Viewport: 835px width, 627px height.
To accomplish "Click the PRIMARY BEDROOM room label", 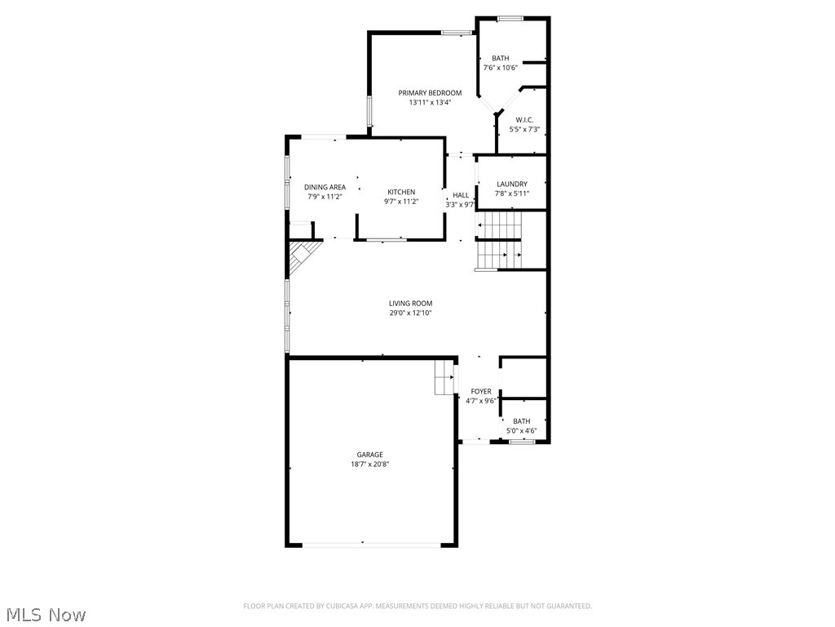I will point(430,93).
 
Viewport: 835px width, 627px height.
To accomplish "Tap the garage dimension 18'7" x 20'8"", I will point(369,465).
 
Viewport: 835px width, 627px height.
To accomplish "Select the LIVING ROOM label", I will point(410,304).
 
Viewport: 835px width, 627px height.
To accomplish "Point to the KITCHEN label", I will point(401,192).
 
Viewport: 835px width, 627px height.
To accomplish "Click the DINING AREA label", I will point(325,187).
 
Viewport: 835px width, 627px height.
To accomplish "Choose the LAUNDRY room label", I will point(512,185).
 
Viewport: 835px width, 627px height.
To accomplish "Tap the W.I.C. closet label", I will point(524,120).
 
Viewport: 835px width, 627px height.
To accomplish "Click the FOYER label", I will point(481,392).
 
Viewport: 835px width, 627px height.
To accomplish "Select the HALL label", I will point(461,195).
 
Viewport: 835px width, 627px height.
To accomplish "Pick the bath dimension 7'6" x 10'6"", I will point(500,68).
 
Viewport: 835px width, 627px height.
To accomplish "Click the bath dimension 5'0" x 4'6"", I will point(521,430).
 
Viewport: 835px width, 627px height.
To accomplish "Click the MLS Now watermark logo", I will point(46,614).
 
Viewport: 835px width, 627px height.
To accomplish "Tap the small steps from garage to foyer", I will point(444,377).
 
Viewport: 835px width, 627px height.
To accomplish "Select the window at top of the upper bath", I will point(511,18).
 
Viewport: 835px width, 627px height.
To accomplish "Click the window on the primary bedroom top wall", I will point(457,33).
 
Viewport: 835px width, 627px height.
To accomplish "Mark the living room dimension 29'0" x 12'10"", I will point(410,313).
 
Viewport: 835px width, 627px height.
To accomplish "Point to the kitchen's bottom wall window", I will point(386,240).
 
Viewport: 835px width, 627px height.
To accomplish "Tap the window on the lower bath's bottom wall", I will point(522,442).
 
